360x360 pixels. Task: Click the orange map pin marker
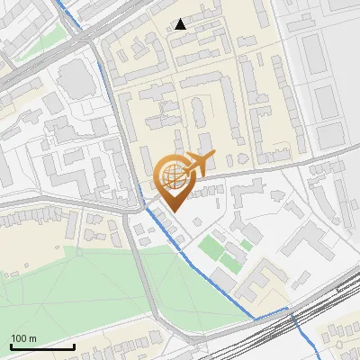pyautogui.click(x=173, y=180)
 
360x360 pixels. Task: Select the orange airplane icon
pyautogui.click(x=197, y=164)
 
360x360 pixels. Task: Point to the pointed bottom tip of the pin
pyautogui.click(x=173, y=211)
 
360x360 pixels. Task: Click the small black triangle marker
pyautogui.click(x=181, y=24)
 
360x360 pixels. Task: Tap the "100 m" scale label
pyautogui.click(x=23, y=338)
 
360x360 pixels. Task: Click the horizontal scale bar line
pyautogui.click(x=42, y=346)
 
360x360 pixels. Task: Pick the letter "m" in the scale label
pyautogui.click(x=32, y=338)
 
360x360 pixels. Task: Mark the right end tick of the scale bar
pyautogui.click(x=74, y=345)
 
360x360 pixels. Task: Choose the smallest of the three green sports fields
pyautogui.click(x=247, y=245)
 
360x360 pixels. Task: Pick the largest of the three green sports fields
pyautogui.click(x=211, y=245)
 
